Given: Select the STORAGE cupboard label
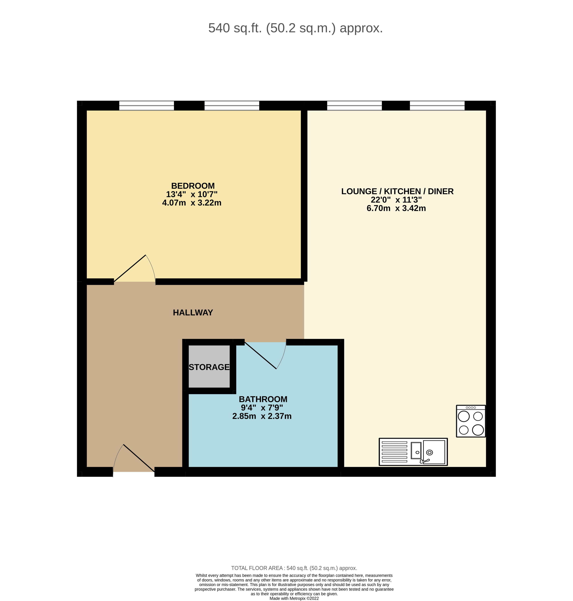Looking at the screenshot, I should click(209, 367).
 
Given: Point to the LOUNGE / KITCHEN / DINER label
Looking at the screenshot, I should click(397, 191).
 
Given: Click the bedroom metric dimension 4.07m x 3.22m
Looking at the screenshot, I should click(192, 203).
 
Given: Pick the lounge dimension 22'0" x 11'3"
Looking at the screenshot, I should click(396, 200).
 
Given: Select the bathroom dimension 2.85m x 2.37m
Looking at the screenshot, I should click(262, 416).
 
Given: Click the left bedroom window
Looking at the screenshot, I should click(146, 105).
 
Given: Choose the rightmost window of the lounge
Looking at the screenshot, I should click(437, 105).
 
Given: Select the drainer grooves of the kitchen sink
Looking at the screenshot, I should click(394, 451).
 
